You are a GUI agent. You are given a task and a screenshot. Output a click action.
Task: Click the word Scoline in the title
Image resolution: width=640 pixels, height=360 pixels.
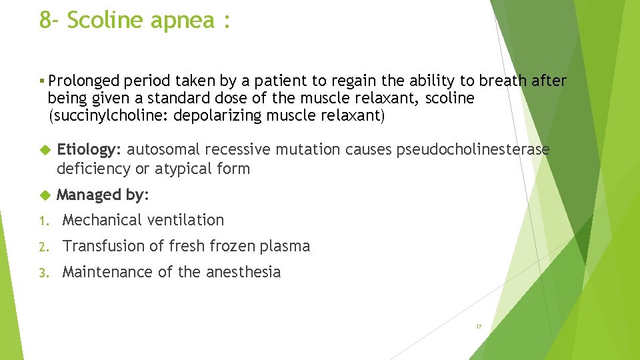click(x=106, y=20)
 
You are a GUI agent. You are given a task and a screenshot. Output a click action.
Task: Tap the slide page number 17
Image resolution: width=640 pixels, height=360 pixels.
click(x=479, y=327)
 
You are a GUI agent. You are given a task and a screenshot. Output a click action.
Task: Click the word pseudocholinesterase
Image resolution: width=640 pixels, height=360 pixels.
click(x=473, y=150)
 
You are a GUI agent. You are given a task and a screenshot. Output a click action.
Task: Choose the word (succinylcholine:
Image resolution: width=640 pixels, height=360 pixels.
click(x=104, y=116)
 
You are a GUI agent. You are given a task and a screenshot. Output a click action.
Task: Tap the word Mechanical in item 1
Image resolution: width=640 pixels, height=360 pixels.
click(x=102, y=220)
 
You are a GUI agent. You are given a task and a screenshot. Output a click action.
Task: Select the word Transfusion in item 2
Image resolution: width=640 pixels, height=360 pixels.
click(x=104, y=246)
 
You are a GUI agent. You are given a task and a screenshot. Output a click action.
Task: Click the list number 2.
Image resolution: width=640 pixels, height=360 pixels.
click(x=43, y=247)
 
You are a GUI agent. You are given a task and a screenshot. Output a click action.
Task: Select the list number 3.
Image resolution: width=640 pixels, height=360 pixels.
click(x=43, y=273)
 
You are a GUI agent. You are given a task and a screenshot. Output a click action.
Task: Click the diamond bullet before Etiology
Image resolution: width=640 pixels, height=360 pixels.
click(x=45, y=150)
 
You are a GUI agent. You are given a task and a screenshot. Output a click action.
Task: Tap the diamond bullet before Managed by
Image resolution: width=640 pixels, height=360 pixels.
click(x=45, y=195)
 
